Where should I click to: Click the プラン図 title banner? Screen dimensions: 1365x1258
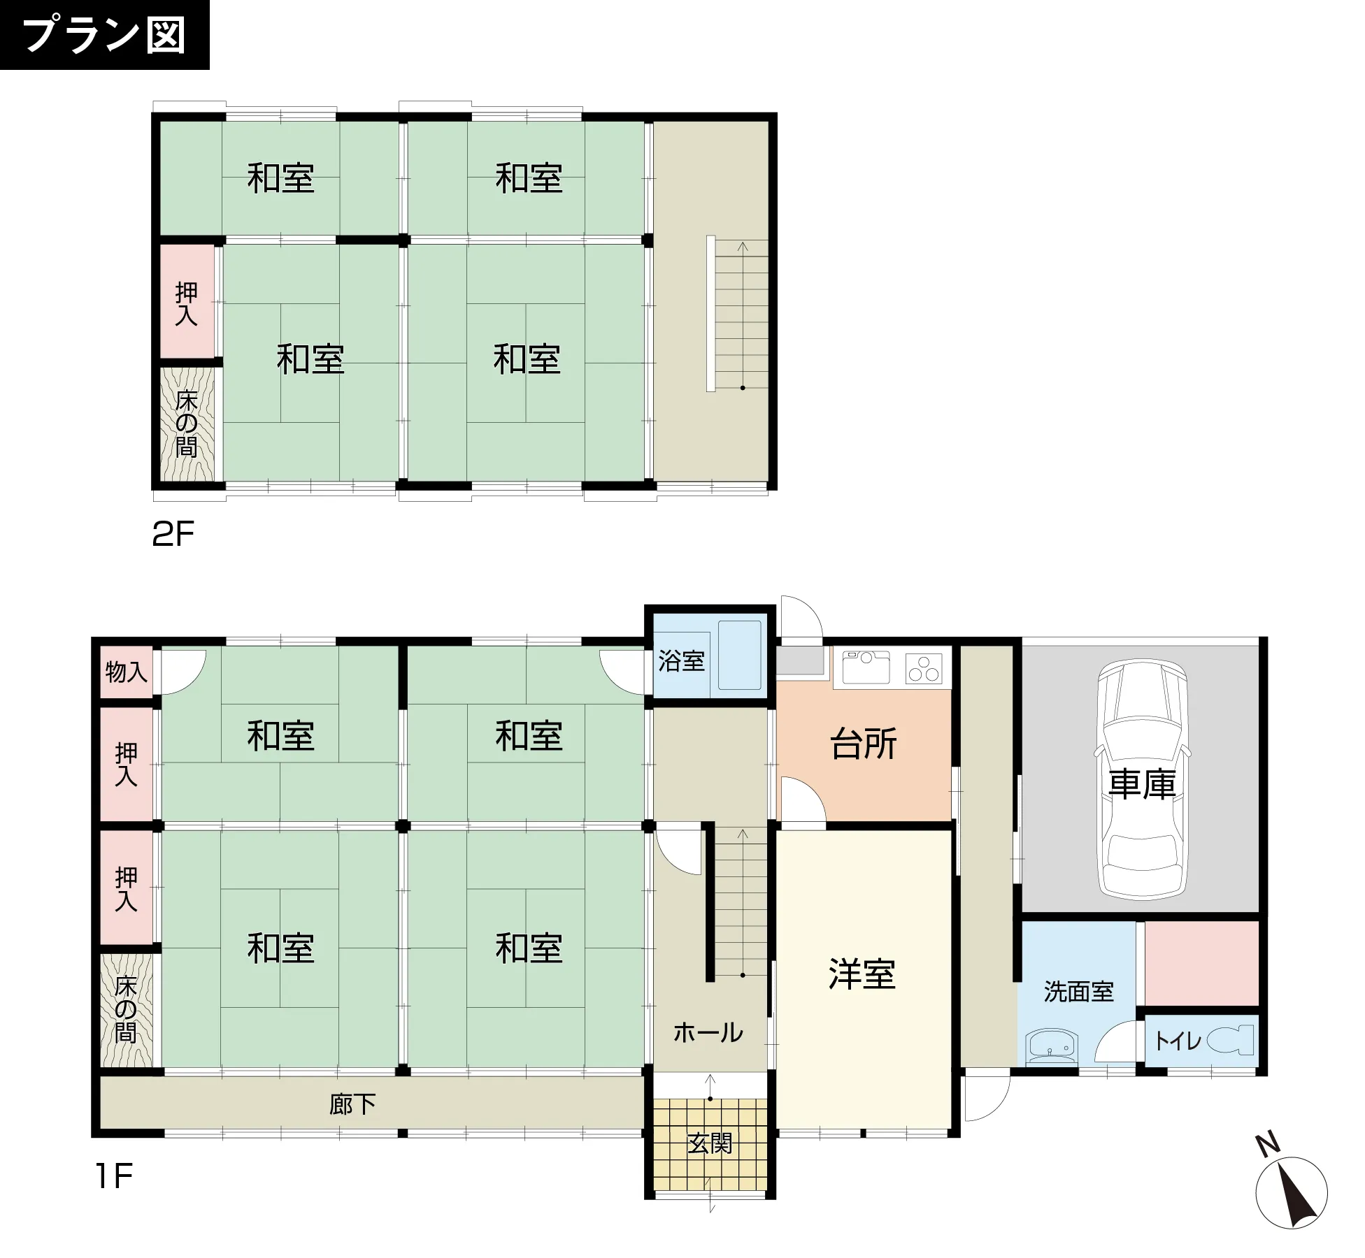104,35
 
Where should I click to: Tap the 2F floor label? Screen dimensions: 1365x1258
173,534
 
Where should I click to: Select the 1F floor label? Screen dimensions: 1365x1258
114,1176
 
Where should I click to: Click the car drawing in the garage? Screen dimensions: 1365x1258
1143,779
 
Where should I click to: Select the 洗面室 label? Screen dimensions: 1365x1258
1078,991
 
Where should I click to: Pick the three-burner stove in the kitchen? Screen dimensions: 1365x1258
924,667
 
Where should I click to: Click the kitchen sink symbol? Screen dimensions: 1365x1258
866,666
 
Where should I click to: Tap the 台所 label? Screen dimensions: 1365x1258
864,744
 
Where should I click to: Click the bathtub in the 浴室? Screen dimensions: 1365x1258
739,655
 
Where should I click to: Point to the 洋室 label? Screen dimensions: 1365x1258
862,974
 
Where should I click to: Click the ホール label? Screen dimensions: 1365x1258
708,1032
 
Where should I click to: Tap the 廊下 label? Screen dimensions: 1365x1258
352,1104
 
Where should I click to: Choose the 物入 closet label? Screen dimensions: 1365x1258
126,672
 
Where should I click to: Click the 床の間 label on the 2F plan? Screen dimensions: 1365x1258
186,424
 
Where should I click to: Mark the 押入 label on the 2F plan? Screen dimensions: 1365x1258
186,304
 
